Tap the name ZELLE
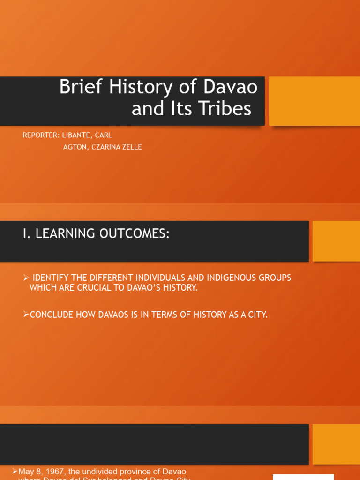131,147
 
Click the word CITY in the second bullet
257,315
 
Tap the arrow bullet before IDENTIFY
26,278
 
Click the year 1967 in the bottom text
54,471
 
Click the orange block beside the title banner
314,101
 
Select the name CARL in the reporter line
104,135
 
